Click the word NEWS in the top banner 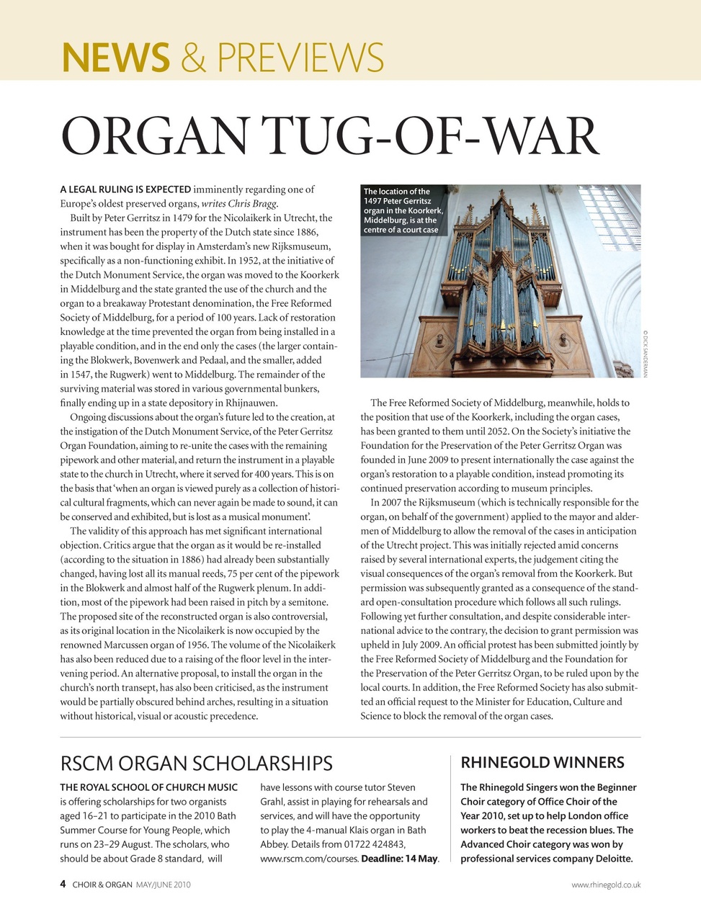pyautogui.click(x=116, y=58)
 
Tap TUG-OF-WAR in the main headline pyautogui.click(x=430, y=136)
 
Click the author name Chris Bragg pyautogui.click(x=253, y=204)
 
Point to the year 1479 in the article pyautogui.click(x=184, y=218)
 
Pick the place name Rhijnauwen pyautogui.click(x=251, y=403)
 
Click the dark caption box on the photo pyautogui.click(x=402, y=210)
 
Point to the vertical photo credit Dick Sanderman pyautogui.click(x=646, y=353)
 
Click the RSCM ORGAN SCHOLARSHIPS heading pyautogui.click(x=196, y=764)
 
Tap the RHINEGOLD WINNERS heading pyautogui.click(x=543, y=763)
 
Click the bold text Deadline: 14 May pyautogui.click(x=399, y=859)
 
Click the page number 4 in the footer pyautogui.click(x=63, y=884)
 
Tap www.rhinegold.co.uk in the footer pyautogui.click(x=605, y=885)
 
